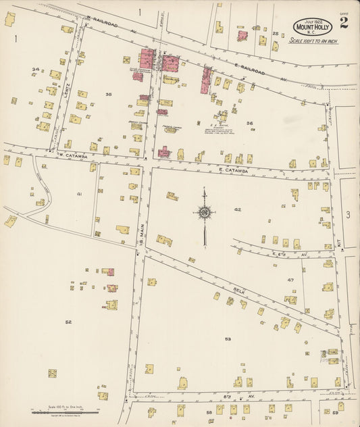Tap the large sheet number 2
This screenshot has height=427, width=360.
pyautogui.click(x=344, y=23)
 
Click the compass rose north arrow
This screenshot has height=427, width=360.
pyautogui.click(x=204, y=214)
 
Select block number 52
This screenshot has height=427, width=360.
pyautogui.click(x=68, y=322)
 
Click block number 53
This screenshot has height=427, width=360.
pyautogui.click(x=228, y=338)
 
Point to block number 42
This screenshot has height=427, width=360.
pyautogui.click(x=237, y=210)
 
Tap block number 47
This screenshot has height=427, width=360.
pyautogui.click(x=290, y=280)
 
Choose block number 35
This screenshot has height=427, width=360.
pyautogui.click(x=108, y=95)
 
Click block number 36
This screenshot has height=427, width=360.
pyautogui.click(x=249, y=123)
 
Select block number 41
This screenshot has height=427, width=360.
pyautogui.click(x=79, y=194)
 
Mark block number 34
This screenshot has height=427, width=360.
pyautogui.click(x=35, y=70)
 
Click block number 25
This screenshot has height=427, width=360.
pyautogui.click(x=275, y=33)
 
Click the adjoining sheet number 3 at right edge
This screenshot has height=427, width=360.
pyautogui.click(x=348, y=215)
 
